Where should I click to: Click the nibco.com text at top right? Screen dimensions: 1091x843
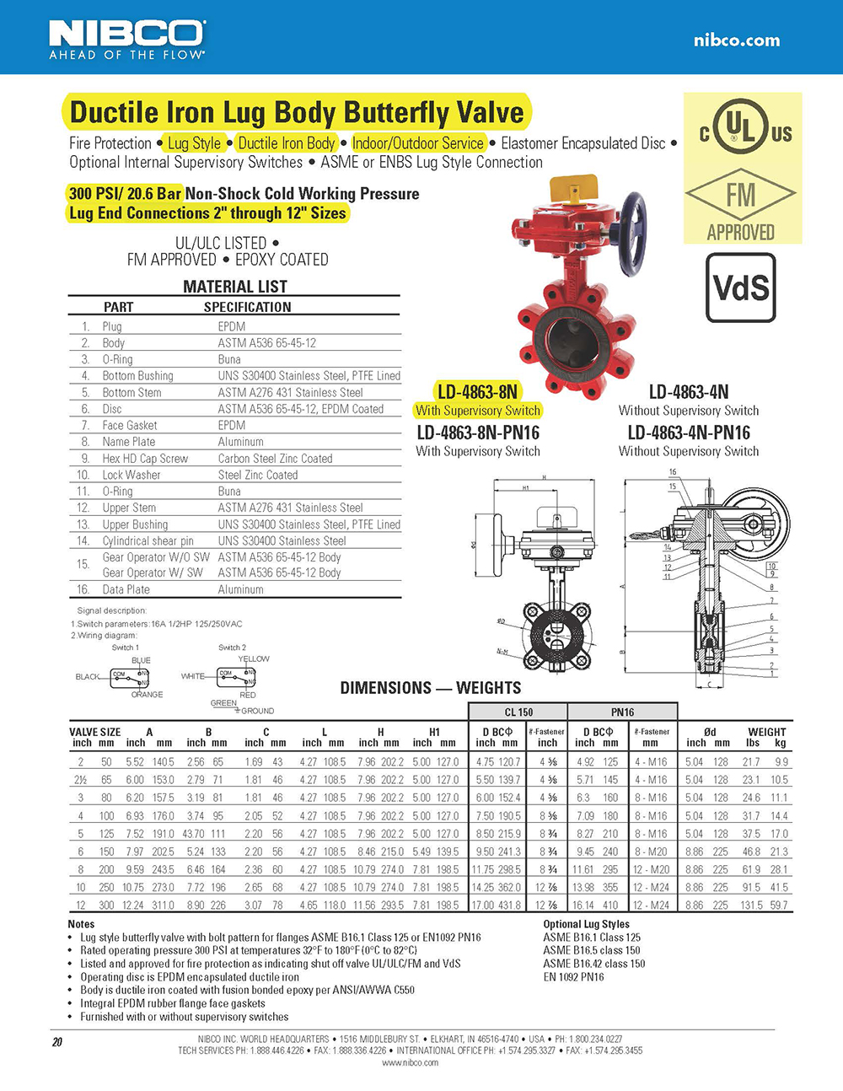click(x=736, y=40)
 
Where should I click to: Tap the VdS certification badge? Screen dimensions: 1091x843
click(x=740, y=288)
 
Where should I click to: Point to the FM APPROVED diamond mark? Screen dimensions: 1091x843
click(x=740, y=196)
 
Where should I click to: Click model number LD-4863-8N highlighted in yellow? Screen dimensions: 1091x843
click(x=477, y=391)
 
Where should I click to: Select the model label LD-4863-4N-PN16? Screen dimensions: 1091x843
click(x=689, y=433)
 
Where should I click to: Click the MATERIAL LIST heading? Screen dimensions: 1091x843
click(x=235, y=287)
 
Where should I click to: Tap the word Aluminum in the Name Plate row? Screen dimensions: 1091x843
click(x=240, y=442)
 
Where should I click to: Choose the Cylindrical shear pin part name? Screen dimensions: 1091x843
click(x=148, y=540)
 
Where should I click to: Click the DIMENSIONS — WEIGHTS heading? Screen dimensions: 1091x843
click(x=430, y=688)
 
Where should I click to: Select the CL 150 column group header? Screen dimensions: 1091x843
click(x=518, y=712)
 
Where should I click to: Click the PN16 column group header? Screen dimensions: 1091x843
click(x=622, y=712)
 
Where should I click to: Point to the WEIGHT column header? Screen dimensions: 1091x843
click(x=766, y=732)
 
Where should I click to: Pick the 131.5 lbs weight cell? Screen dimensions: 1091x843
click(x=751, y=905)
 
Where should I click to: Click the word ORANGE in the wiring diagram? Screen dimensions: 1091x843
click(x=147, y=695)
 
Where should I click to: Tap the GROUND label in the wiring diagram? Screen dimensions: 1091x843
click(x=257, y=711)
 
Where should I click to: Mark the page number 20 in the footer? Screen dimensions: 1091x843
click(x=57, y=1042)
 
